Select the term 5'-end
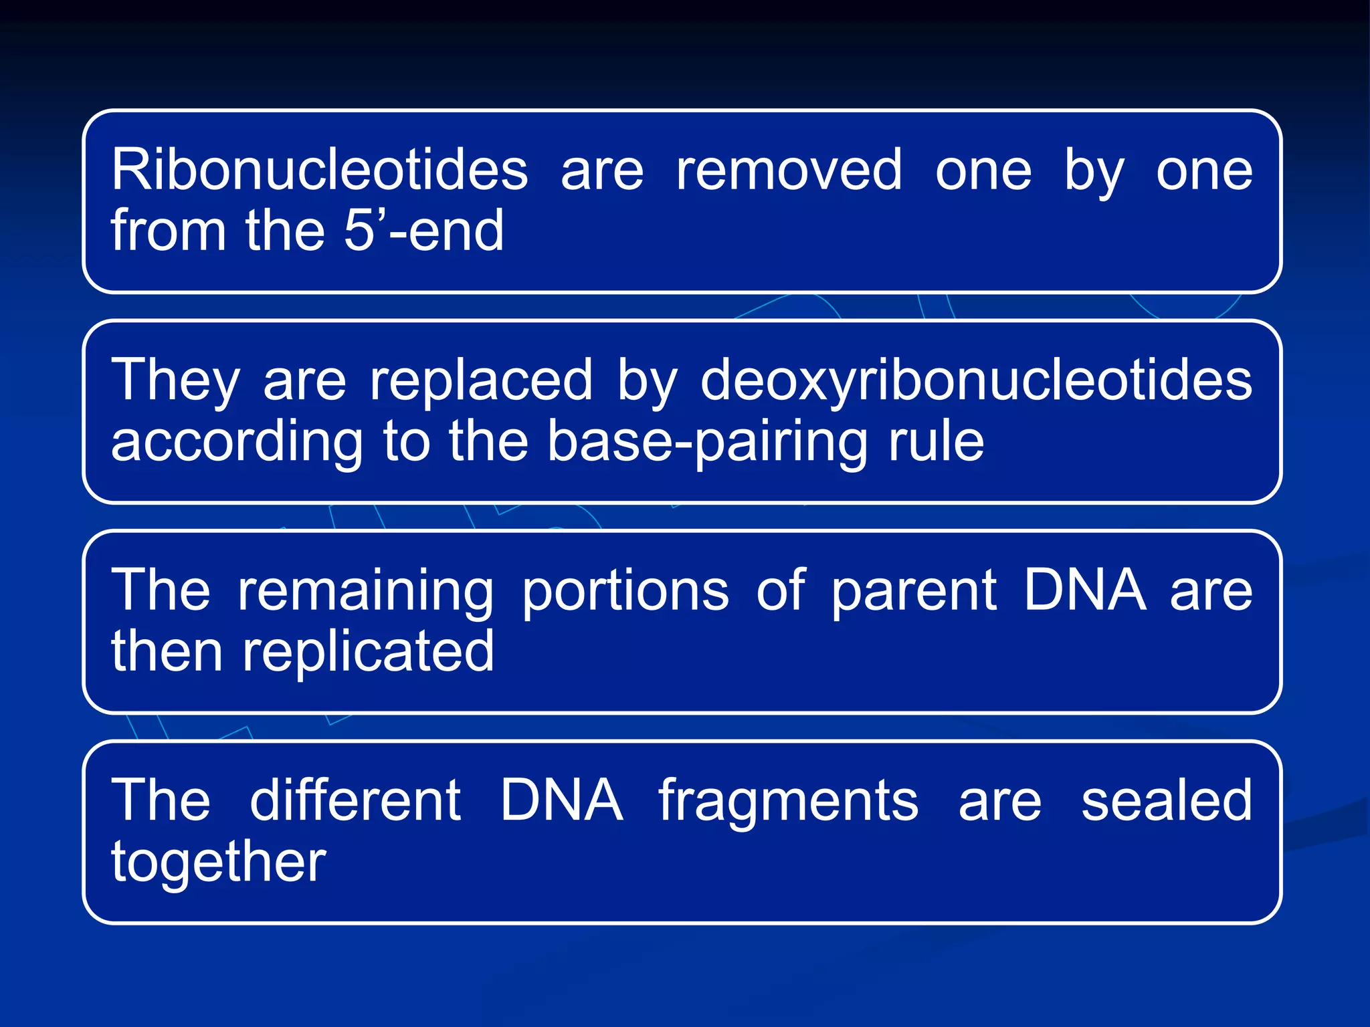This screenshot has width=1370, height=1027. point(423,231)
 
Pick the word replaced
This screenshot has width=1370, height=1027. point(481,381)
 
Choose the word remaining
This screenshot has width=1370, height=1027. point(365,591)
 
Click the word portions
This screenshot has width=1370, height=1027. point(625,591)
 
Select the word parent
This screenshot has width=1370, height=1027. point(914,591)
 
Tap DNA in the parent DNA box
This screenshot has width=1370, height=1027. point(1084,590)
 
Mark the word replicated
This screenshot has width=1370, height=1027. point(368,651)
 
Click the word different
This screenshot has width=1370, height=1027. point(355,800)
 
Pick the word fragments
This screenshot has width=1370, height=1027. point(788,802)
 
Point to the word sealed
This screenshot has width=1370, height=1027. point(1166,800)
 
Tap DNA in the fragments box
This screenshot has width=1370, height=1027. point(561,800)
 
